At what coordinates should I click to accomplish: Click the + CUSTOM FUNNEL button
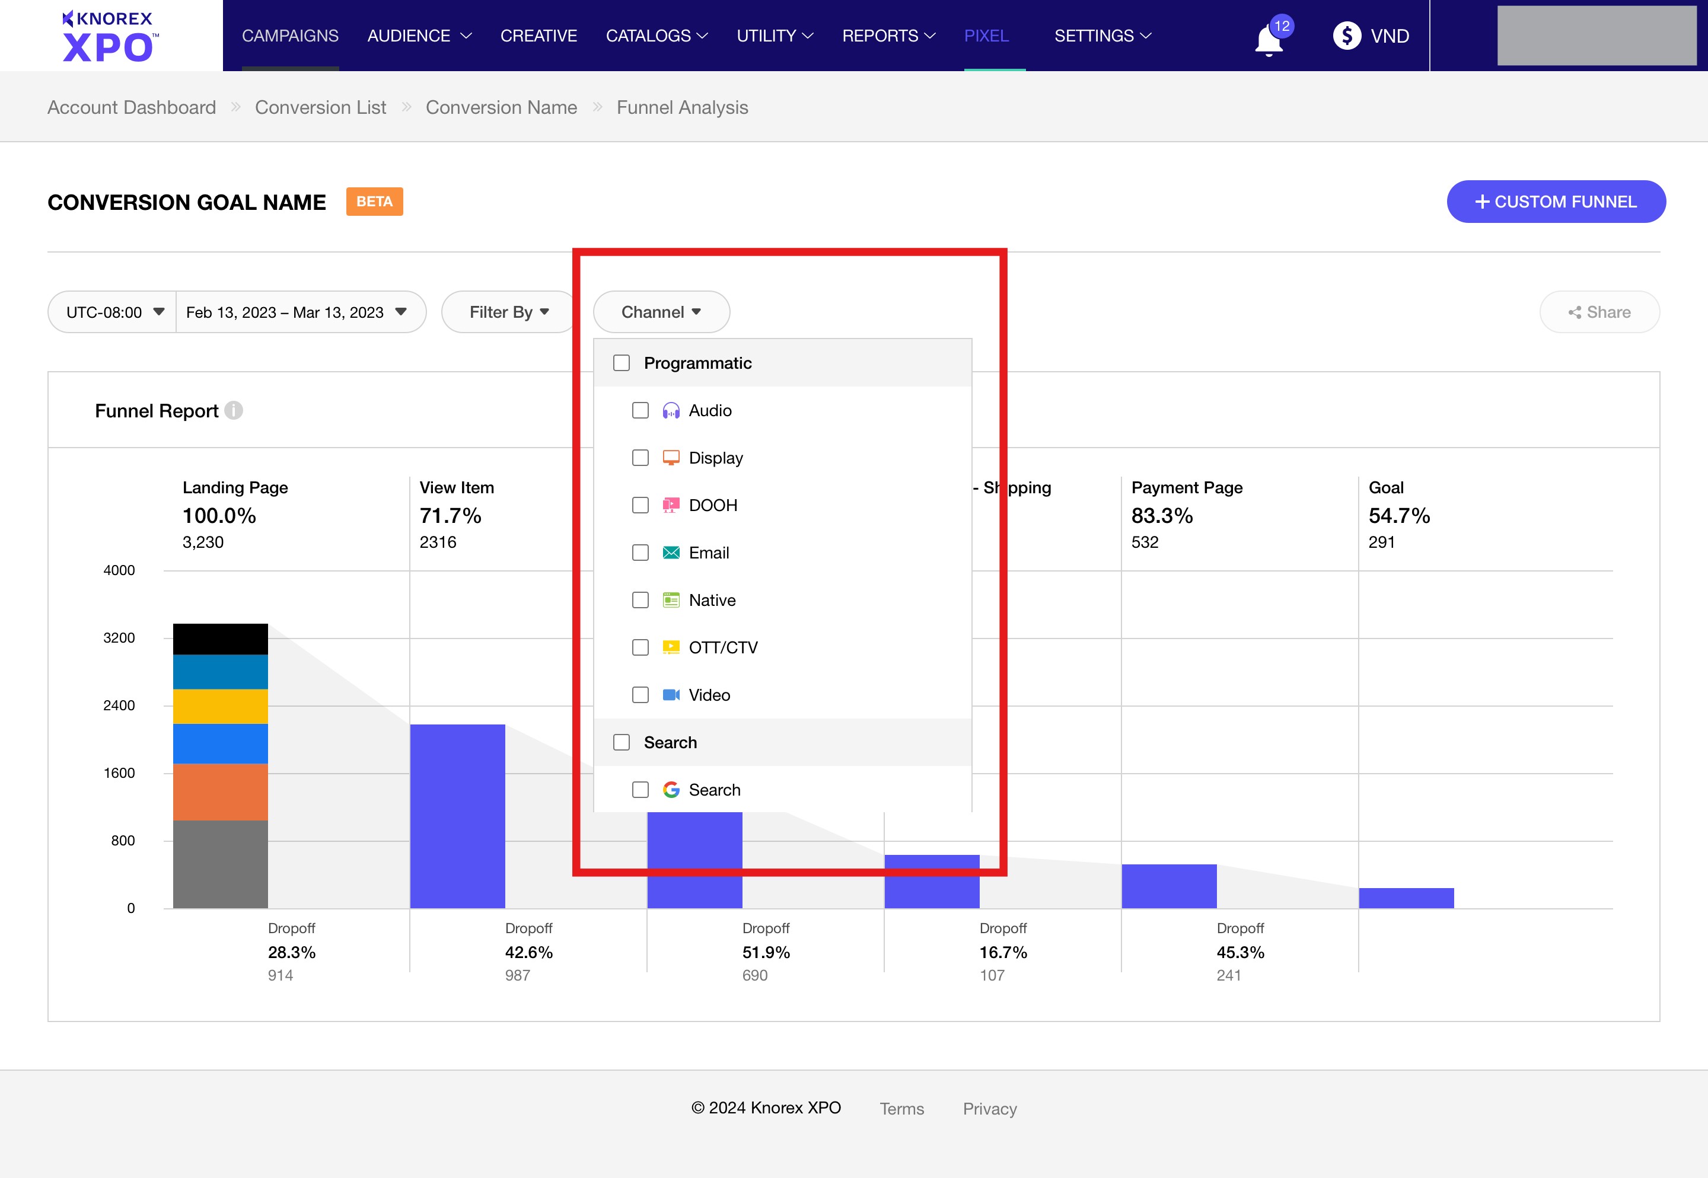(x=1555, y=202)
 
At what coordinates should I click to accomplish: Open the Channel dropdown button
(x=661, y=312)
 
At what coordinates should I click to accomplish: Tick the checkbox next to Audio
(x=640, y=410)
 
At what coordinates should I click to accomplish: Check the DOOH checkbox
(x=640, y=506)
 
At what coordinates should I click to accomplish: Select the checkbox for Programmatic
(x=622, y=363)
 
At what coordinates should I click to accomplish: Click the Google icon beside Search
(x=671, y=790)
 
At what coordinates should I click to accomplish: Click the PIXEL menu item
(x=986, y=36)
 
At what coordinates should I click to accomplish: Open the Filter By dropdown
(x=509, y=312)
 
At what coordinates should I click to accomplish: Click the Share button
(x=1599, y=312)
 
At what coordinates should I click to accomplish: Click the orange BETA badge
(x=374, y=202)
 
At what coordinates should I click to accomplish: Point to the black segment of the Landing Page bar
(x=220, y=639)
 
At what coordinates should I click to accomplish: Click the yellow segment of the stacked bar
(x=220, y=706)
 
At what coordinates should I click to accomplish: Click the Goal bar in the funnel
(x=1406, y=898)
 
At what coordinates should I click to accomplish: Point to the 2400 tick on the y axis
(x=119, y=705)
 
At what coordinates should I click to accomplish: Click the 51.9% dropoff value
(x=766, y=952)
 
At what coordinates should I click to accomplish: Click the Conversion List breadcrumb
(x=320, y=108)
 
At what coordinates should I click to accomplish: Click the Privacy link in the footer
(x=989, y=1109)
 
